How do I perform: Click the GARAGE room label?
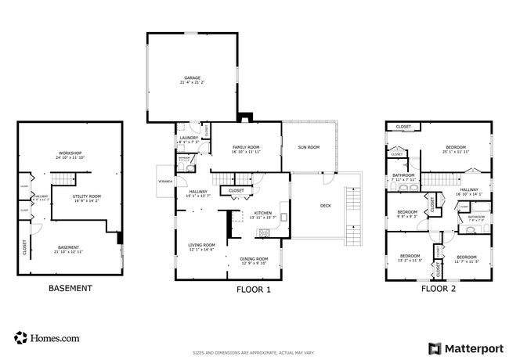pos(193,79)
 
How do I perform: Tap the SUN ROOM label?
pos(309,147)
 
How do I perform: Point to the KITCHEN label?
pos(262,214)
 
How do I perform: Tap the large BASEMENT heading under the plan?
pos(70,288)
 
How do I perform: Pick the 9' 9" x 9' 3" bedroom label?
pos(406,214)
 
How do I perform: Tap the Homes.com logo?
pos(47,338)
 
